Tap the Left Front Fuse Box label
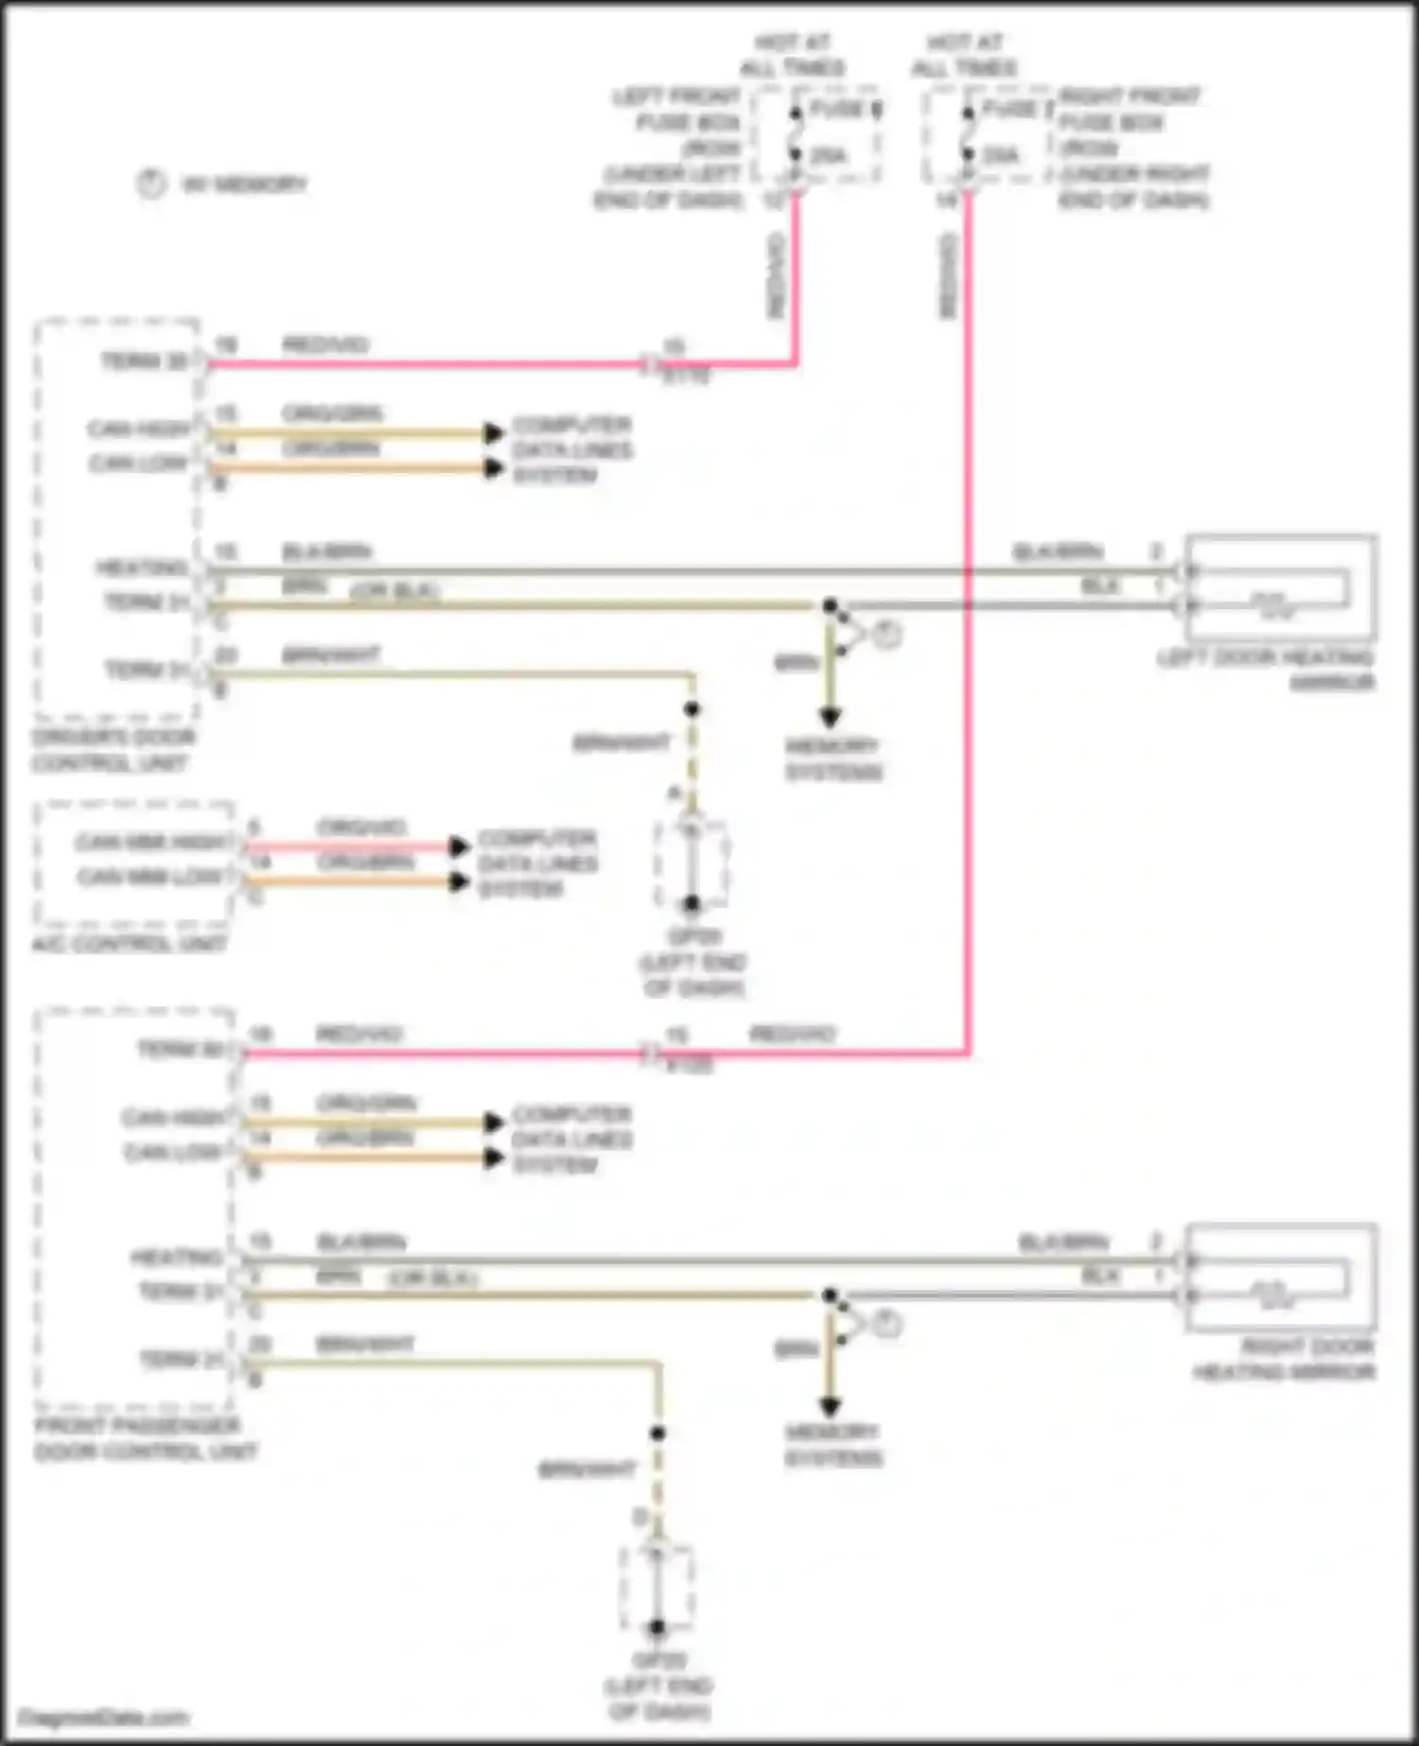pos(674,148)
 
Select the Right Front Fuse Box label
pos(1133,148)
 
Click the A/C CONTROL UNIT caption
pos(129,944)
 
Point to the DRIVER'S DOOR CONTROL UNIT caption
pos(113,750)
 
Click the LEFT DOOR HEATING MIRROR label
pos(1266,670)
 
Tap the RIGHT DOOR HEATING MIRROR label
pos(1284,1359)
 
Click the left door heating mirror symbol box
pos(1280,589)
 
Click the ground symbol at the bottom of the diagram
pos(657,1589)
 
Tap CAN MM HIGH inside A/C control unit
pos(151,842)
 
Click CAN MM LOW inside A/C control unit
pos(151,877)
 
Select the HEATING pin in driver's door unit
pos(143,567)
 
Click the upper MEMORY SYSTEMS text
pos(832,759)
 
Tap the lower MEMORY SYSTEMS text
pos(832,1444)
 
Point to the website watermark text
pos(104,1718)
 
